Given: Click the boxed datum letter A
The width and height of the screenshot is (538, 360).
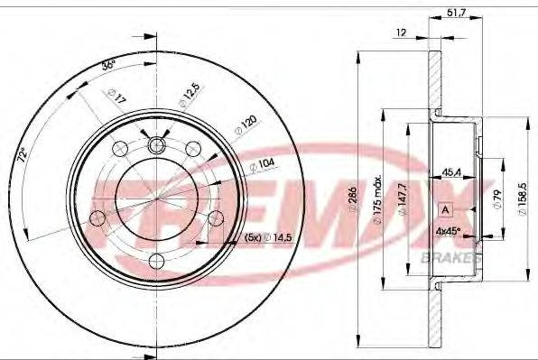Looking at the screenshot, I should click(445, 209).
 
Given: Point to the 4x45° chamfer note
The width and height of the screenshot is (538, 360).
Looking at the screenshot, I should click(449, 230).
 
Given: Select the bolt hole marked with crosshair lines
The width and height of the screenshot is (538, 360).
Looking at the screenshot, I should click(156, 146).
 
